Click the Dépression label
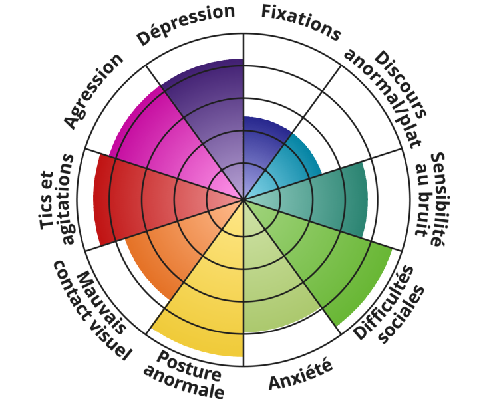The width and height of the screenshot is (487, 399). pos(187,25)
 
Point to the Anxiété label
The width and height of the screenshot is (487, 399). pos(300,376)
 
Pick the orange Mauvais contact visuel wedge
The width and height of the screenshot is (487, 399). pos(166,256)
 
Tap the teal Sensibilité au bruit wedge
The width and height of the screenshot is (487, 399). pos(326,193)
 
